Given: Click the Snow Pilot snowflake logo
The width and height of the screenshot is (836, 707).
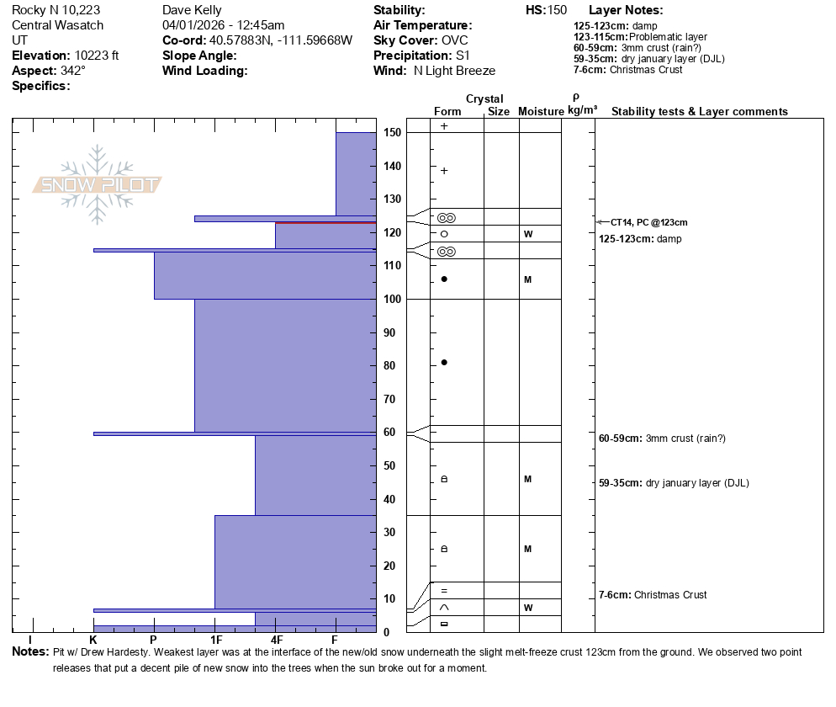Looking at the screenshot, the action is (97, 184).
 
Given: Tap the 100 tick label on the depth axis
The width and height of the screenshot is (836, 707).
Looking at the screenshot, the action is (392, 300).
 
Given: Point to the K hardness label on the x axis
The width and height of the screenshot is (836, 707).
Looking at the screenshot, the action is (93, 640).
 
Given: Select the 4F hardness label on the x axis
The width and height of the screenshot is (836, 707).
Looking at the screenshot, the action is (276, 640).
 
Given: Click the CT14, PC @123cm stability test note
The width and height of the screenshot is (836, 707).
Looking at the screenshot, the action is (648, 222).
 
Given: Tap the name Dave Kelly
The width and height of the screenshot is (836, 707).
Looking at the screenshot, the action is (192, 10).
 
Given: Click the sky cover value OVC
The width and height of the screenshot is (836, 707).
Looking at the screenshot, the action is (455, 40).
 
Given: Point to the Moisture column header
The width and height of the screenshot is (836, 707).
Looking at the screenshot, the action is (541, 111).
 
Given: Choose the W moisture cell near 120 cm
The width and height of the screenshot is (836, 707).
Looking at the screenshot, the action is (528, 234).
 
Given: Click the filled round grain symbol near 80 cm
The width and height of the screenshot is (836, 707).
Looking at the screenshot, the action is (444, 363).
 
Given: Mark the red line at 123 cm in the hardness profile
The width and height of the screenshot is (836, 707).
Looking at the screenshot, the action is (325, 222).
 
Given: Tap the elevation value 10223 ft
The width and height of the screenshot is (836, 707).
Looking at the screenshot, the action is (97, 56).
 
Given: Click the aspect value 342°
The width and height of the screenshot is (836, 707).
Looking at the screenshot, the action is (73, 71).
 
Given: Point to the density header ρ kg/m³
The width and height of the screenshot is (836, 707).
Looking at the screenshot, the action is (582, 104).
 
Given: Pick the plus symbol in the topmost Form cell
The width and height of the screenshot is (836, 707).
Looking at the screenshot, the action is (444, 126).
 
